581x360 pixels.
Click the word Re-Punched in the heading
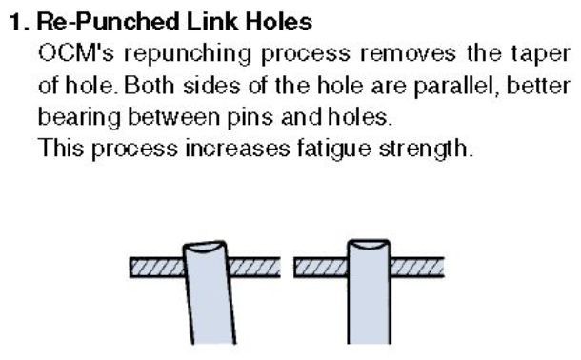pos(109,22)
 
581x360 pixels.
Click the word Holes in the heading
pos(279,22)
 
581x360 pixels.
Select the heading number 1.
pos(18,22)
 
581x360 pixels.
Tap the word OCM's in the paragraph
pos(76,53)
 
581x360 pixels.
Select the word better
pos(538,86)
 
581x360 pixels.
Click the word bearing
pos(79,118)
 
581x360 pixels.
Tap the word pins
pos(250,118)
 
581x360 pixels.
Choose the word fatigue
pos(334,150)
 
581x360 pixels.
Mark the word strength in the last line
pos(426,150)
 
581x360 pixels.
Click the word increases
pos(237,149)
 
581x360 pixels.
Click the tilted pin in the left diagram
pos(210,292)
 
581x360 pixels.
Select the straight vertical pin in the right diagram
pos(369,291)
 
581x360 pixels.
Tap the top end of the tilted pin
pos(205,246)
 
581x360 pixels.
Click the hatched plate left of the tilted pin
pos(157,267)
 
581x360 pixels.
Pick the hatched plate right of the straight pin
pos(417,267)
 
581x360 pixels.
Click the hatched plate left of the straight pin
pos(321,267)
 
